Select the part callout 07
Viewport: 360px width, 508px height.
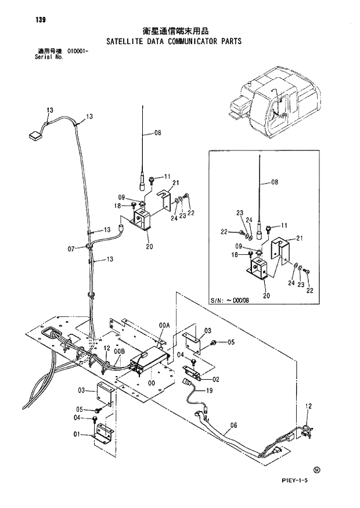[71, 249]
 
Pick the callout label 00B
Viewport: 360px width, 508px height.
[119, 351]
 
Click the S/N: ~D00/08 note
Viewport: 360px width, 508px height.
[229, 301]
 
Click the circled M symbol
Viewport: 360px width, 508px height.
[316, 469]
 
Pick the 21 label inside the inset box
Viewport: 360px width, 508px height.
[300, 239]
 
